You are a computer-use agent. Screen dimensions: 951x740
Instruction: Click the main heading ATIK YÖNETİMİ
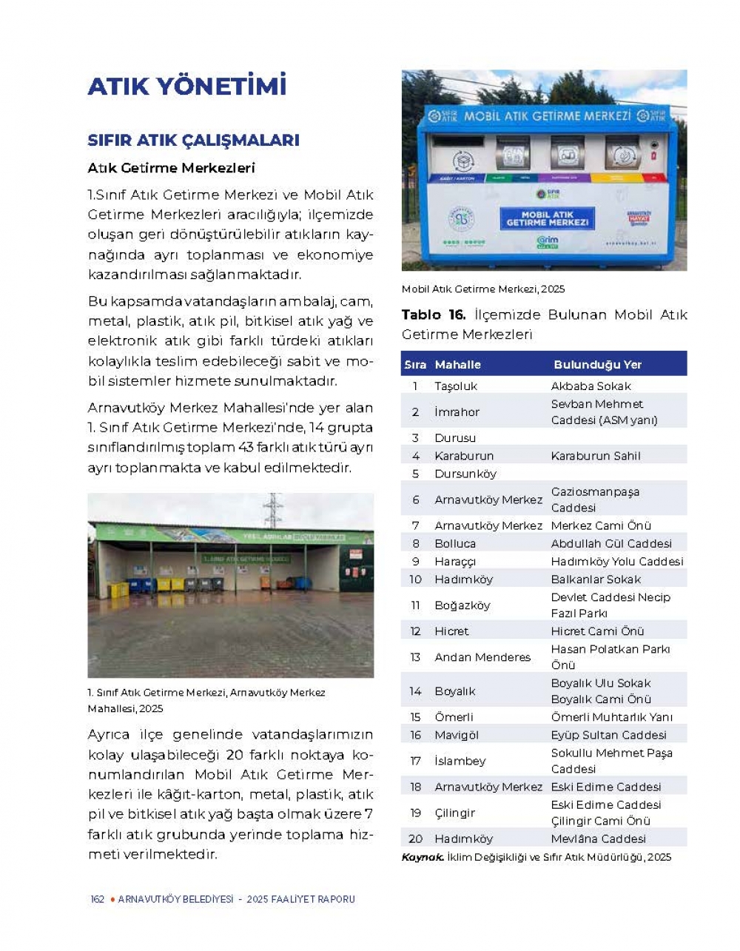coord(186,87)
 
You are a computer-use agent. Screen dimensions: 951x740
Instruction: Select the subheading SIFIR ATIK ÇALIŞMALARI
coord(193,140)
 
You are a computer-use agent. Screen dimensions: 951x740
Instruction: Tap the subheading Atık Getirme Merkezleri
coord(171,168)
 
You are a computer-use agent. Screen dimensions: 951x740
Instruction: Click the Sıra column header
coord(415,365)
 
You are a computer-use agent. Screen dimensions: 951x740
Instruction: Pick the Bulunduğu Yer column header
coord(597,365)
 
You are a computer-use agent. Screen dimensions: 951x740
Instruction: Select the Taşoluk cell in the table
coord(456,386)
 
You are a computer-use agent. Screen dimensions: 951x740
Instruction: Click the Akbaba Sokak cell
coord(591,386)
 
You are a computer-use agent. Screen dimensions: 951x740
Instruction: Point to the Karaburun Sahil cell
coord(596,456)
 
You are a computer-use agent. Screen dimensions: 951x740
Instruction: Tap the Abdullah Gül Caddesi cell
coord(611,543)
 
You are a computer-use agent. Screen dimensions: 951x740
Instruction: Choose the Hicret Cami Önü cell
coord(597,631)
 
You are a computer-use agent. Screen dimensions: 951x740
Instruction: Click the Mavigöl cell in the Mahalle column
coord(457,735)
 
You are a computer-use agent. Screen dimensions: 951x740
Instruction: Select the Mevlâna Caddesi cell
coord(598,839)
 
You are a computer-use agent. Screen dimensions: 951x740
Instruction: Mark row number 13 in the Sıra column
coord(415,657)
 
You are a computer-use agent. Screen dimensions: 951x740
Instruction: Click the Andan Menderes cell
coord(482,657)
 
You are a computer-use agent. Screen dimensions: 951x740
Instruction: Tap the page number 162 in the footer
coord(97,899)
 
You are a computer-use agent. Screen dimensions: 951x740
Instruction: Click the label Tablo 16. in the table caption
coord(434,315)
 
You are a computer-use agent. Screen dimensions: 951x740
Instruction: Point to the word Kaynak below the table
coord(423,857)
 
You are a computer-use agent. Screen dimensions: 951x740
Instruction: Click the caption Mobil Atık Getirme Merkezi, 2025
coord(483,289)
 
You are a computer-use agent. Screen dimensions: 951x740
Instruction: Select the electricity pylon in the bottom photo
coord(273,510)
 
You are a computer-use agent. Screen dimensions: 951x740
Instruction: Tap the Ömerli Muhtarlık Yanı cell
coord(611,717)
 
